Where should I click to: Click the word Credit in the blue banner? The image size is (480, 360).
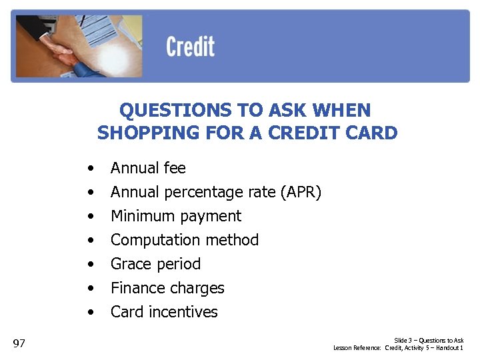(x=190, y=47)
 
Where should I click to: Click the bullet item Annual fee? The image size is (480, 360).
(x=148, y=168)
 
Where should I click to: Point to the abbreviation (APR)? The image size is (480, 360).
(x=301, y=193)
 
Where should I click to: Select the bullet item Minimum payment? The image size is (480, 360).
(x=176, y=216)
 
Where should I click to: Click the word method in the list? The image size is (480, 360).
(x=234, y=240)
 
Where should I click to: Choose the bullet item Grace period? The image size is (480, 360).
(x=155, y=264)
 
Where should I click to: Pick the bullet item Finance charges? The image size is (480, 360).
(x=167, y=288)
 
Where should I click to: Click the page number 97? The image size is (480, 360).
(x=19, y=343)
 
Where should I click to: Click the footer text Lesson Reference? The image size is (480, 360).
(x=357, y=348)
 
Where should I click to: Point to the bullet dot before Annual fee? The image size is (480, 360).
(x=89, y=168)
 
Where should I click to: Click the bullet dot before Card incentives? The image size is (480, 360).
(x=89, y=312)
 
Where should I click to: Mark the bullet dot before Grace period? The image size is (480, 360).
(x=89, y=264)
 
